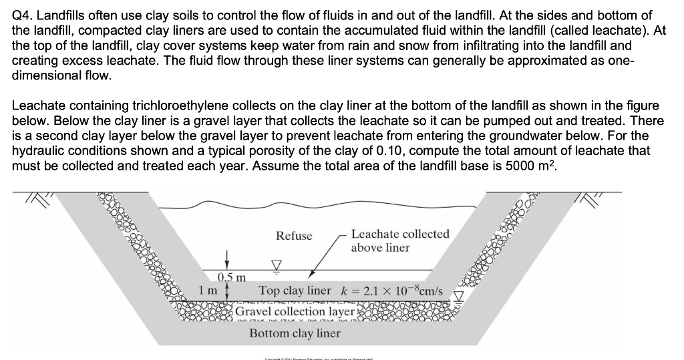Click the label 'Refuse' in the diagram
click(294, 236)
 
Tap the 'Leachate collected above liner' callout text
click(399, 240)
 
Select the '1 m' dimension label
click(208, 290)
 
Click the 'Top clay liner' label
click(295, 291)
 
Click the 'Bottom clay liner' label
click(295, 333)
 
